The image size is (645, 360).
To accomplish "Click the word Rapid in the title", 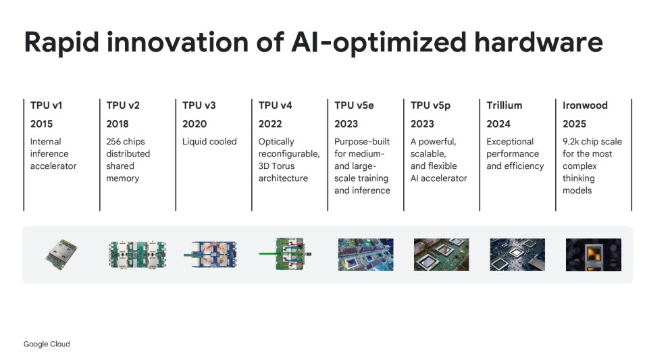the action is click(61, 43).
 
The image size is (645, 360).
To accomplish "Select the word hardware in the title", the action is click(538, 42).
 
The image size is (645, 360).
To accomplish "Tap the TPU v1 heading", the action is click(46, 105).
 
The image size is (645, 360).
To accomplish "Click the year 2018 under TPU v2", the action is click(118, 124).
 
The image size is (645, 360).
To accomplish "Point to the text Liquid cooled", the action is click(209, 142).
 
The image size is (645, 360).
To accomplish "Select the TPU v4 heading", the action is click(275, 105).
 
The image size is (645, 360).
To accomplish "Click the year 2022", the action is click(270, 124).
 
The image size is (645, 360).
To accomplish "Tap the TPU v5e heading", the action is click(354, 105).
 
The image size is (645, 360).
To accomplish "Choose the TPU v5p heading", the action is click(430, 106).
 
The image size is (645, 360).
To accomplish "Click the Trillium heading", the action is click(505, 105).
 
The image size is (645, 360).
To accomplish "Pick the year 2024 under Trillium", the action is click(498, 124).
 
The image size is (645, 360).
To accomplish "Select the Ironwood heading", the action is click(585, 105).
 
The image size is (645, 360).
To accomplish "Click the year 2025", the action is click(574, 124).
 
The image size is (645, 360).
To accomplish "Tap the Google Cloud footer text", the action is click(47, 344).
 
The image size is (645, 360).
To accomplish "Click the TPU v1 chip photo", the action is click(61, 254).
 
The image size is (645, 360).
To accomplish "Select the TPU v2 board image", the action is click(137, 255).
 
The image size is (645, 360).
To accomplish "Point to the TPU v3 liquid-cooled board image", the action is click(210, 254).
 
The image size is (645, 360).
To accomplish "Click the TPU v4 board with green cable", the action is click(286, 254).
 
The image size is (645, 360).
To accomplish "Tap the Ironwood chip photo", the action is click(594, 255).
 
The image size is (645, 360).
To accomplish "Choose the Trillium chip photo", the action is click(517, 255).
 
